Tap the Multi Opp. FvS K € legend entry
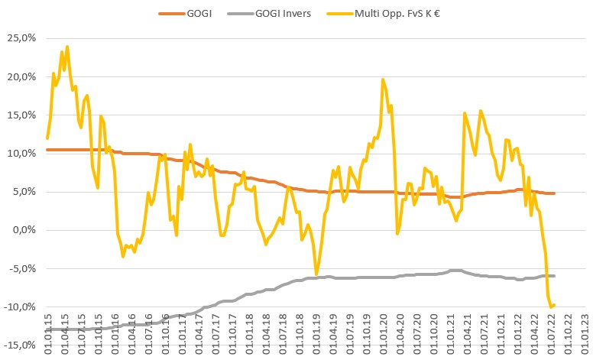coord(392,13)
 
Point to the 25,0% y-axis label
coord(21,38)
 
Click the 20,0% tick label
coord(21,76)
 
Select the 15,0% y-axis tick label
coord(21,115)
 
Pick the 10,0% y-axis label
coord(21,153)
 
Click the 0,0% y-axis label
coord(24,229)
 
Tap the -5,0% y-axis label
coord(22,268)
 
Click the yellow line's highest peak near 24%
coord(67,47)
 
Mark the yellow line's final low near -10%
coord(551,307)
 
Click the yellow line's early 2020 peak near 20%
coord(382,79)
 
